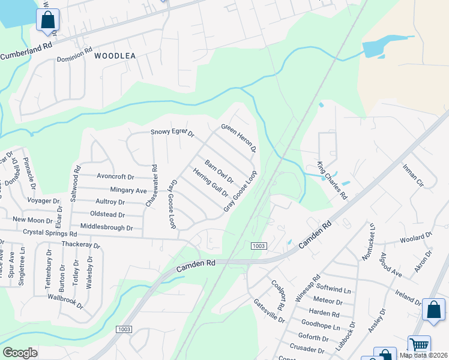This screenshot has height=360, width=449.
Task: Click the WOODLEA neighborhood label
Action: point(115,55)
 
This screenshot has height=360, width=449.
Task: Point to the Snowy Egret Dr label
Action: point(172,133)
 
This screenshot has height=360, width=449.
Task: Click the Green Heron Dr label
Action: point(239,137)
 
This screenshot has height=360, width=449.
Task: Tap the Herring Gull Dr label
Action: point(211,182)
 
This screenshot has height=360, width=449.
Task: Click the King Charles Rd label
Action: point(332,180)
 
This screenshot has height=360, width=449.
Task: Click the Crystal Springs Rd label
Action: point(50,232)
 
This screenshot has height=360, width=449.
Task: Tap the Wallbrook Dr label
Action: point(65,300)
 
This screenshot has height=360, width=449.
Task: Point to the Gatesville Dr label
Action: point(268,310)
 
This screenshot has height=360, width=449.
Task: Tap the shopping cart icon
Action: point(419,345)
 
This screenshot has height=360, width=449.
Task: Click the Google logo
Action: point(20,353)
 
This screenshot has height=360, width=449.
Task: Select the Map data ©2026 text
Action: point(423,355)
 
